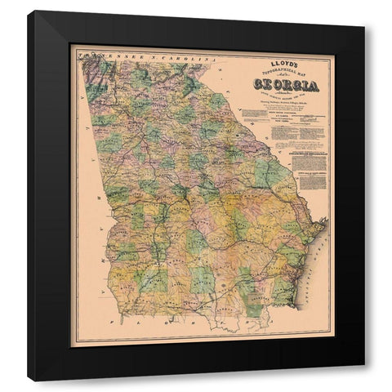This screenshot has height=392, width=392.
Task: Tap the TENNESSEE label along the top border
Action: click(106, 59)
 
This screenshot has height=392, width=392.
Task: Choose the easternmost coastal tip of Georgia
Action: click(326, 220)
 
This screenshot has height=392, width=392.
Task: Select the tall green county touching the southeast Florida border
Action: click(245, 294)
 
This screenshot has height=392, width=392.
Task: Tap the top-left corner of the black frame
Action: click(28, 11)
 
